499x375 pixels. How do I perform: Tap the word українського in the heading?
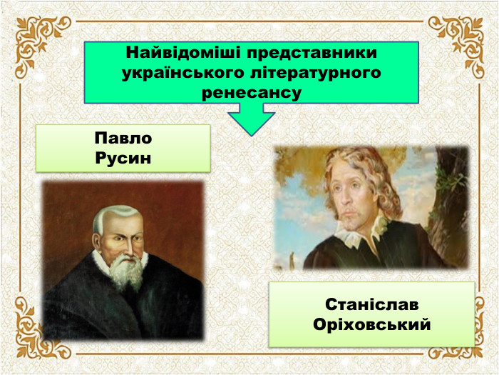click(184, 73)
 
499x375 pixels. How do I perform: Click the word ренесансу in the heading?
click(252, 92)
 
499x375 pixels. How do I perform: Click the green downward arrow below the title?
click(251, 118)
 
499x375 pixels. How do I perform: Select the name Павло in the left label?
click(123, 139)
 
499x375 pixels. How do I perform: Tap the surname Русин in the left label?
click(123, 157)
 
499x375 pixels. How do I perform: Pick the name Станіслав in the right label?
click(372, 304)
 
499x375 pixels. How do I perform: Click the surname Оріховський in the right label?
click(372, 324)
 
